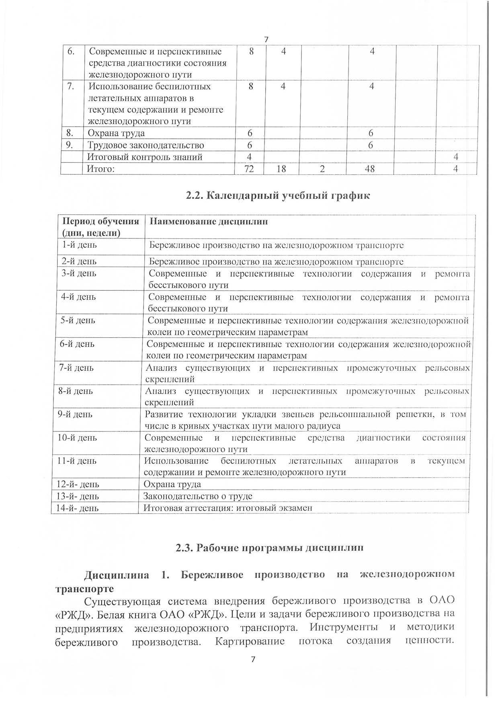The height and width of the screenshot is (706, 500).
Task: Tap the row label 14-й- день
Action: (x=78, y=508)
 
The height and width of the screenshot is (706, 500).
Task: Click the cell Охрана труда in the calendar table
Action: (x=172, y=484)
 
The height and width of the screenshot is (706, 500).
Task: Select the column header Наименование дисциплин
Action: (x=209, y=222)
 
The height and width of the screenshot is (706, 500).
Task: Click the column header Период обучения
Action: (x=100, y=222)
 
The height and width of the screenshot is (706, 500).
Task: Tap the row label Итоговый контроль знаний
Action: (x=145, y=157)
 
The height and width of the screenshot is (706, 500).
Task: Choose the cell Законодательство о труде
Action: (x=198, y=497)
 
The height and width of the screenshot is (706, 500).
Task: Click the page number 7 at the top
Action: (x=266, y=39)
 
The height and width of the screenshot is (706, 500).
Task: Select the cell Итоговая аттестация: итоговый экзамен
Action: (x=228, y=508)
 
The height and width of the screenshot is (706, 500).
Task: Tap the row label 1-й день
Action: (x=79, y=245)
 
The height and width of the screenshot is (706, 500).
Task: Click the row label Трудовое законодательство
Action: (x=146, y=145)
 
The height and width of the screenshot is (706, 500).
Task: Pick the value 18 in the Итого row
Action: (x=281, y=169)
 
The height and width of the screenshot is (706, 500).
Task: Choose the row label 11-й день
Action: (x=77, y=461)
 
